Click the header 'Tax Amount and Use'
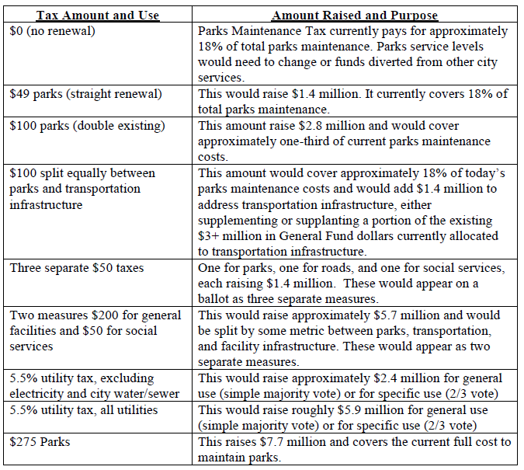pyautogui.click(x=98, y=16)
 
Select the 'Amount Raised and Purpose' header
pyautogui.click(x=355, y=16)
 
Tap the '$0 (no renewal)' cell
pyautogui.click(x=52, y=31)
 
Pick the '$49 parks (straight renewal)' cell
pyautogui.click(x=86, y=94)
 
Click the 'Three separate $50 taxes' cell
pyautogui.click(x=76, y=268)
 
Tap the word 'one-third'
pyautogui.click(x=298, y=141)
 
